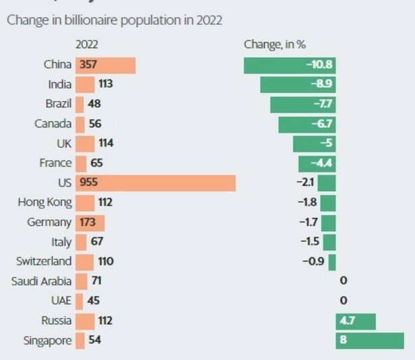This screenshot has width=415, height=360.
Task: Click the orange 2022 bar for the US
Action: tap(162, 183)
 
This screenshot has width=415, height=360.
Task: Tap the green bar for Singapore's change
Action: tap(371, 340)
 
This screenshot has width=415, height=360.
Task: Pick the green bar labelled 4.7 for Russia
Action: tap(356, 320)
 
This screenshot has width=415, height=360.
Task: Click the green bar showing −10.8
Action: tap(290, 65)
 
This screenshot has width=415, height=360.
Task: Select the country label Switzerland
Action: tap(44, 261)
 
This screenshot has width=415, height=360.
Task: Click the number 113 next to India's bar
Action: tap(104, 85)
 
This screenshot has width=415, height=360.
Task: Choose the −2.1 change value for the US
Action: tap(305, 183)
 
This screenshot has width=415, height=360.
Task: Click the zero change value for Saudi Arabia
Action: tap(343, 280)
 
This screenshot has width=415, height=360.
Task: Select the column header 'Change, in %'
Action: tap(275, 44)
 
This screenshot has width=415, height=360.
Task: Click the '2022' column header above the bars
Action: tap(87, 44)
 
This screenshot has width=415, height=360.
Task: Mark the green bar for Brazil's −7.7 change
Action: tap(303, 104)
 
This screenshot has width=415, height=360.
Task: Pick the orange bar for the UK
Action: tap(85, 144)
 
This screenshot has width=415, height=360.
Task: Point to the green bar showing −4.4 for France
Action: tap(317, 163)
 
